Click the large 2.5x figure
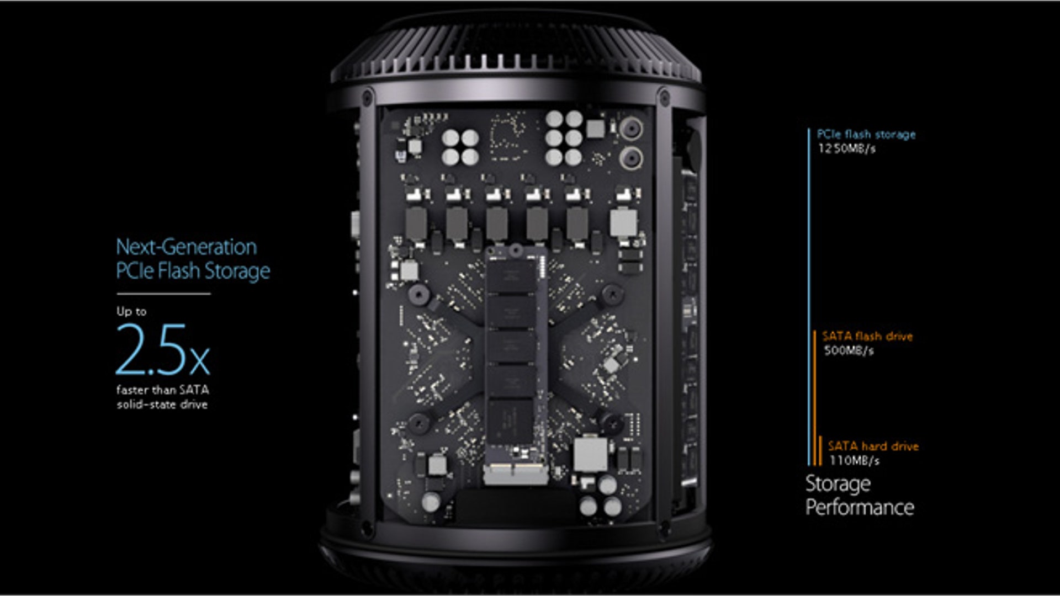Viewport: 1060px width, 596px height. click(x=163, y=349)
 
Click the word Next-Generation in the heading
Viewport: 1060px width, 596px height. click(x=187, y=247)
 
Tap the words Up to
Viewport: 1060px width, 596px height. click(x=131, y=311)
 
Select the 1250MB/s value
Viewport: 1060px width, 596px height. click(x=846, y=148)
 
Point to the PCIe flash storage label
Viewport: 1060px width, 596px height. click(x=866, y=134)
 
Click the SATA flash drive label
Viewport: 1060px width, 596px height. click(x=867, y=336)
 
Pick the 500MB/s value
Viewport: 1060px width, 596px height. click(x=849, y=350)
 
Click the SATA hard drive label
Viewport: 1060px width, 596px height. click(x=873, y=446)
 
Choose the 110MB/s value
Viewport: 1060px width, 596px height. click(x=854, y=460)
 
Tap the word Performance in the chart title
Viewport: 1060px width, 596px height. click(x=860, y=507)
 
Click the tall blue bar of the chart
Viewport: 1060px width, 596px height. click(x=809, y=297)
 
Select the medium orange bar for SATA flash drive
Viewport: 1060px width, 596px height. click(x=814, y=398)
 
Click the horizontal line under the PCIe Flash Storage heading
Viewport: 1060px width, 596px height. click(x=163, y=294)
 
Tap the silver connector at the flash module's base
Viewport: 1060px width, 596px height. click(x=513, y=473)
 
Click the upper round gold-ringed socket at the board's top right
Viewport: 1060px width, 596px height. click(x=630, y=129)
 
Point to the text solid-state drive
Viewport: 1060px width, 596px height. click(x=162, y=405)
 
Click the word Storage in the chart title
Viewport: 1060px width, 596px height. click(x=838, y=484)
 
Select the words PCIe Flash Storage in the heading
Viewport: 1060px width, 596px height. click(x=193, y=271)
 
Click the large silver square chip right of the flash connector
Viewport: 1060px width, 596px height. click(x=590, y=454)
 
